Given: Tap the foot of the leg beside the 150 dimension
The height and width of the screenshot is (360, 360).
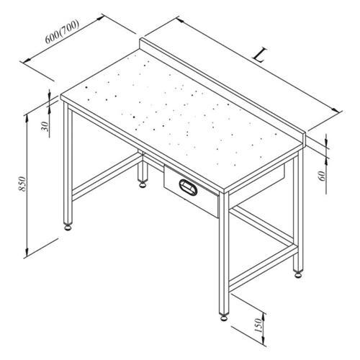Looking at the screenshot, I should pos(223,315).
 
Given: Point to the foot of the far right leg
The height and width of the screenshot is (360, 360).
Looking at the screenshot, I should pos(296,274).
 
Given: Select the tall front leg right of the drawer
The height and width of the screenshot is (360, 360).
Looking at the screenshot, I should pos(224,252).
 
